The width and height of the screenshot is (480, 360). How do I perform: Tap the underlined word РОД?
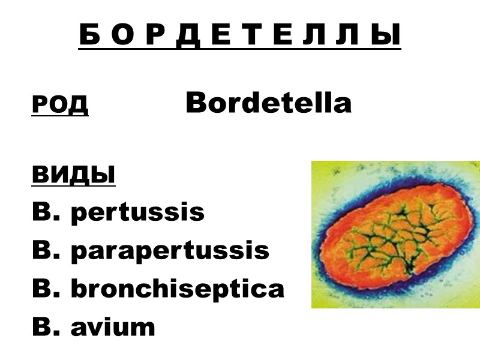[60, 104]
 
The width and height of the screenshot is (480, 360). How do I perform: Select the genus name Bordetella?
[268, 103]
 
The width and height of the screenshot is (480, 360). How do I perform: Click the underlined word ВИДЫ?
[73, 175]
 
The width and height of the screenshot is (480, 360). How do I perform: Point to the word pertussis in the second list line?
[137, 213]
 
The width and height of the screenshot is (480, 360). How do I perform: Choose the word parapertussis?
[170, 251]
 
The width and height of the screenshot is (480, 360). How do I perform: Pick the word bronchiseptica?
[178, 289]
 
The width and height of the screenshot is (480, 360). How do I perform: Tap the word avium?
[113, 327]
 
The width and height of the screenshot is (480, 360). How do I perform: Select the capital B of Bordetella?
[196, 103]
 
